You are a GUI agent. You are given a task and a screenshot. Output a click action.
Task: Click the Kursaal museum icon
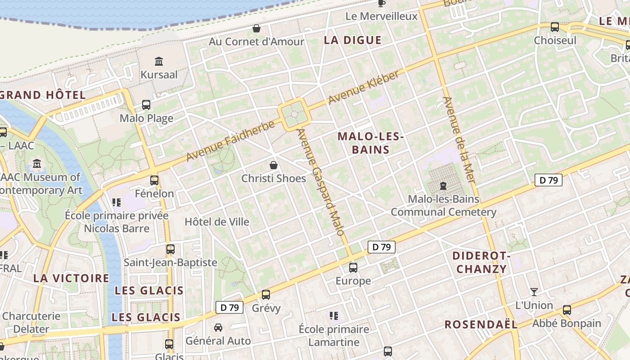[159, 61]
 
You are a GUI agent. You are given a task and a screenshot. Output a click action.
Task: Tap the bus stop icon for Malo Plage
[146, 105]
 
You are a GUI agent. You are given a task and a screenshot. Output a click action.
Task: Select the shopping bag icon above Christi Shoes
[273, 165]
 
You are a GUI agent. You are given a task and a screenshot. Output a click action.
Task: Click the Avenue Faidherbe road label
[230, 141]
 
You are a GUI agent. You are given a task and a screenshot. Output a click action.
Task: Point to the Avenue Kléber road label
[363, 87]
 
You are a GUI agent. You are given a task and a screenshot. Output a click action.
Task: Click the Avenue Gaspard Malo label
[320, 182]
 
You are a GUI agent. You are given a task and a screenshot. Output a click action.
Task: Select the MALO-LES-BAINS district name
[370, 143]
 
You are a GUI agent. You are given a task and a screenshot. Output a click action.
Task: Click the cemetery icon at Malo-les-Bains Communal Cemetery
[443, 185]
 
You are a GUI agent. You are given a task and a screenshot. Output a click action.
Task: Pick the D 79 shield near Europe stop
[382, 247]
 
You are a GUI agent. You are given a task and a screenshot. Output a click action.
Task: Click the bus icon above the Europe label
[353, 268]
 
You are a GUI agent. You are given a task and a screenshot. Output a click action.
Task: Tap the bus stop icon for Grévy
[266, 295]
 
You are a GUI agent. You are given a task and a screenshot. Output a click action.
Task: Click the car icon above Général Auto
[218, 327]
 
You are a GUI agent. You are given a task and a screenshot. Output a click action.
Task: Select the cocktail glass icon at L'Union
[534, 292]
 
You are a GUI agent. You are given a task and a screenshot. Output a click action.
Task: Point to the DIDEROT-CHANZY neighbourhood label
[481, 263]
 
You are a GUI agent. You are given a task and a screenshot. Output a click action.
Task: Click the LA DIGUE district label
[353, 40]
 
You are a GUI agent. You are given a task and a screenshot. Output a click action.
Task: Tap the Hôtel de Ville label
[217, 222]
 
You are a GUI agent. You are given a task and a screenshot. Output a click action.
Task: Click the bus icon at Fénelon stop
[154, 180]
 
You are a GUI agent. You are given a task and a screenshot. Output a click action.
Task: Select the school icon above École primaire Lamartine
[333, 315]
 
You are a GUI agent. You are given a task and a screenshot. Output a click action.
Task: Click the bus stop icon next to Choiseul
[555, 27]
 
